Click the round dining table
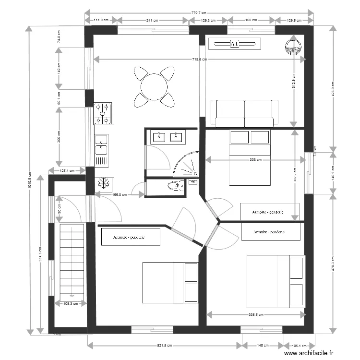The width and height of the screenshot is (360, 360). (x=154, y=87)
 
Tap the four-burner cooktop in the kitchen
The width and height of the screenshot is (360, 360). (x=104, y=113)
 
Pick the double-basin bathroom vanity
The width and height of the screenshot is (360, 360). (x=168, y=137)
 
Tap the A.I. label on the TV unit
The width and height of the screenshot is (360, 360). (x=235, y=44)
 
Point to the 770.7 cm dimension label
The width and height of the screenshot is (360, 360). (x=198, y=13)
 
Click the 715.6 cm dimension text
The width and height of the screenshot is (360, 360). (x=199, y=60)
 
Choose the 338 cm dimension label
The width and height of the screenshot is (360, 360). (x=255, y=160)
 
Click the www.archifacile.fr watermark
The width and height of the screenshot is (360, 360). (x=309, y=353)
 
